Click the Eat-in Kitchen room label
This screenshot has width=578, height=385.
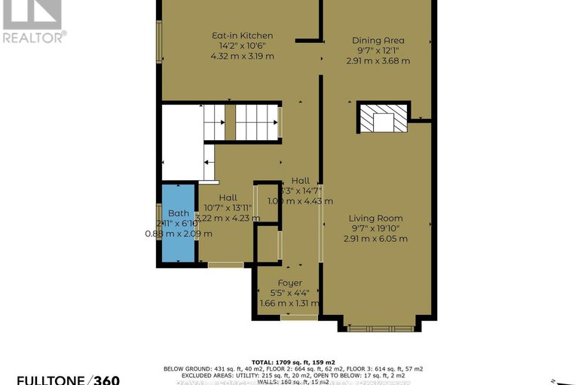tap(241, 35)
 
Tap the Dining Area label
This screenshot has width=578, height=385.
tap(378, 41)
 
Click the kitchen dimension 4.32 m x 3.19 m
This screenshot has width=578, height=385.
tap(241, 57)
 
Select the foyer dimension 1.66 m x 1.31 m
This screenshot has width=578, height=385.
tap(285, 304)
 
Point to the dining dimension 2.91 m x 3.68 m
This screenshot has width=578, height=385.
tap(378, 61)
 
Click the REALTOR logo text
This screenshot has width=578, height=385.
tap(33, 36)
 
